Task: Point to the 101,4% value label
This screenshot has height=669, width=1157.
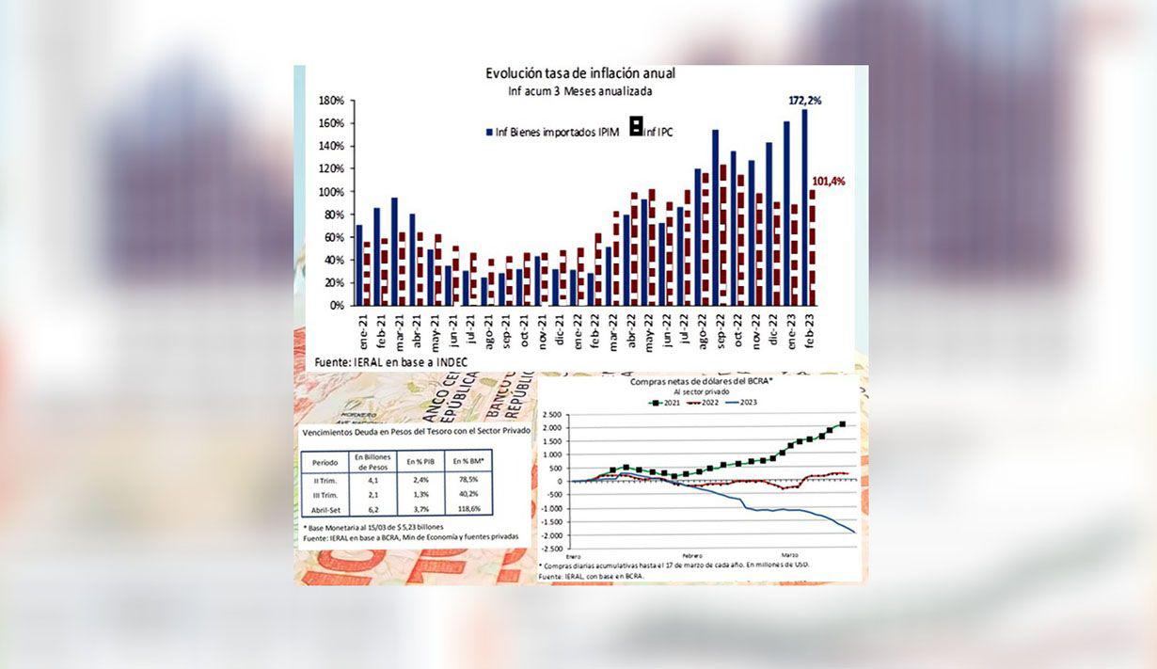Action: click(x=829, y=181)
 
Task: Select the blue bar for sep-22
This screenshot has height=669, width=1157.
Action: click(x=715, y=216)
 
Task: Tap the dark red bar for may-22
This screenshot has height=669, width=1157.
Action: click(x=652, y=247)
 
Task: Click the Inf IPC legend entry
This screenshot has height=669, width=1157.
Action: click(x=656, y=133)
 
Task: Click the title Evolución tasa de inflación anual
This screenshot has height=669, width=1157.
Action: click(x=579, y=73)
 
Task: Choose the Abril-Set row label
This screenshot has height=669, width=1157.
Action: click(x=325, y=508)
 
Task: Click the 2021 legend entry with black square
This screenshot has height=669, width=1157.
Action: click(x=666, y=402)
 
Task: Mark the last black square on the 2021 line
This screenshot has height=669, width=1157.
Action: click(x=842, y=424)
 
